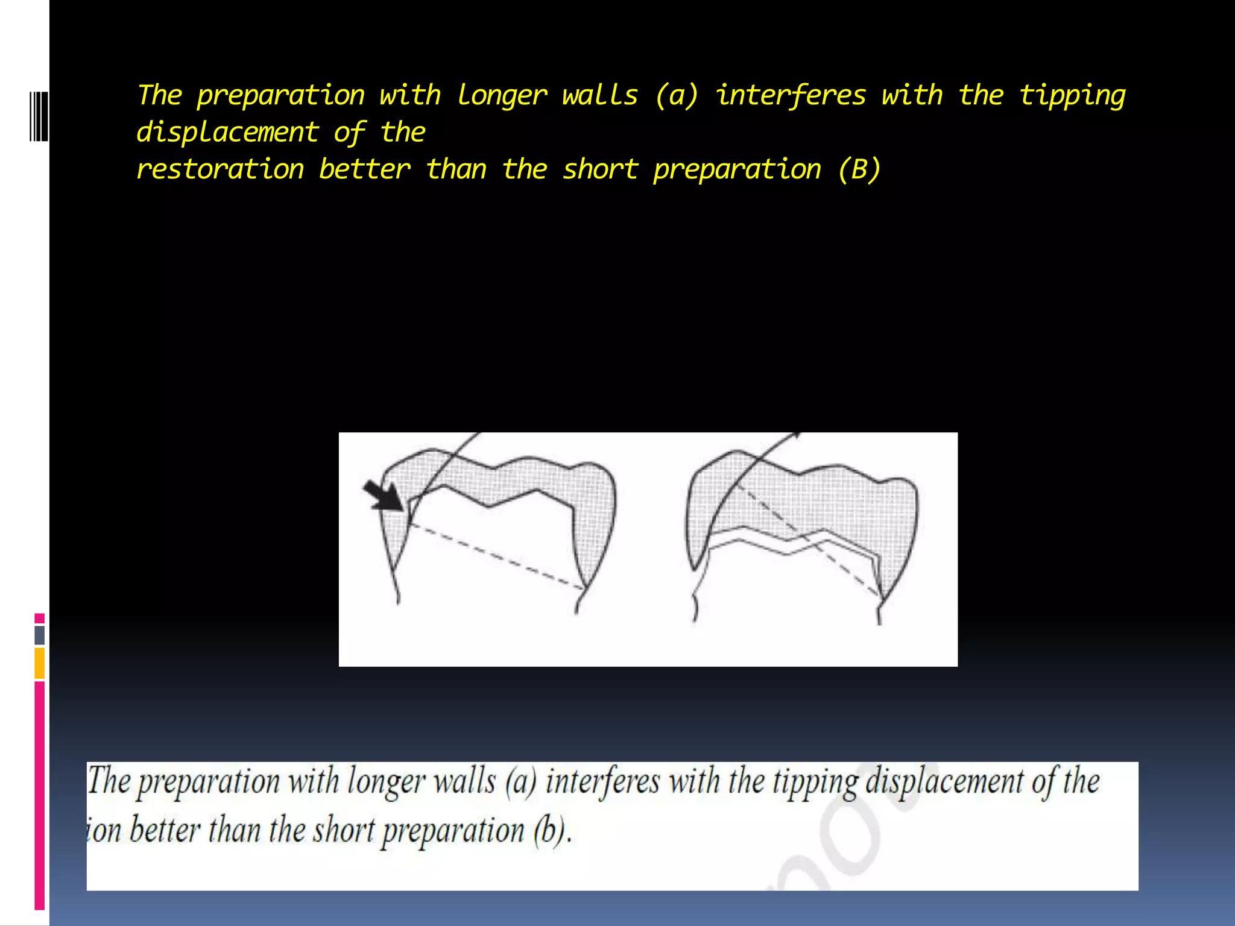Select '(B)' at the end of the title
pos(859,169)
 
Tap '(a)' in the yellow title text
pos(676,96)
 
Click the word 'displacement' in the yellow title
pos(227,133)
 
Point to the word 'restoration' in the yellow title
pos(220,169)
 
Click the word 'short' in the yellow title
pos(600,169)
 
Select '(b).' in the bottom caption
pos(551,831)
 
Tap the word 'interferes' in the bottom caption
pos(602,782)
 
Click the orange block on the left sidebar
pos(40,663)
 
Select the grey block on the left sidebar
pos(40,635)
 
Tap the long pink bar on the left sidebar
pos(40,796)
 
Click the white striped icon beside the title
pos(39,116)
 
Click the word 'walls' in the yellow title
pos(599,96)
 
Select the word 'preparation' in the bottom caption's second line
pos(453,831)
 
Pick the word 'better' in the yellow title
pos(364,169)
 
